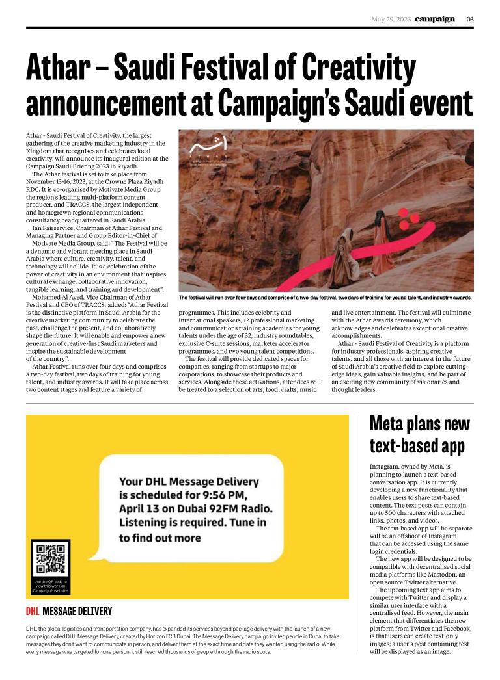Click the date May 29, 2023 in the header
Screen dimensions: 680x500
point(391,19)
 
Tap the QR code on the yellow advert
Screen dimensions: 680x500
point(50,558)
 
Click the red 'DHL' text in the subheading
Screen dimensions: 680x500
point(33,611)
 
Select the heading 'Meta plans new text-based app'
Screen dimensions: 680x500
point(419,435)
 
